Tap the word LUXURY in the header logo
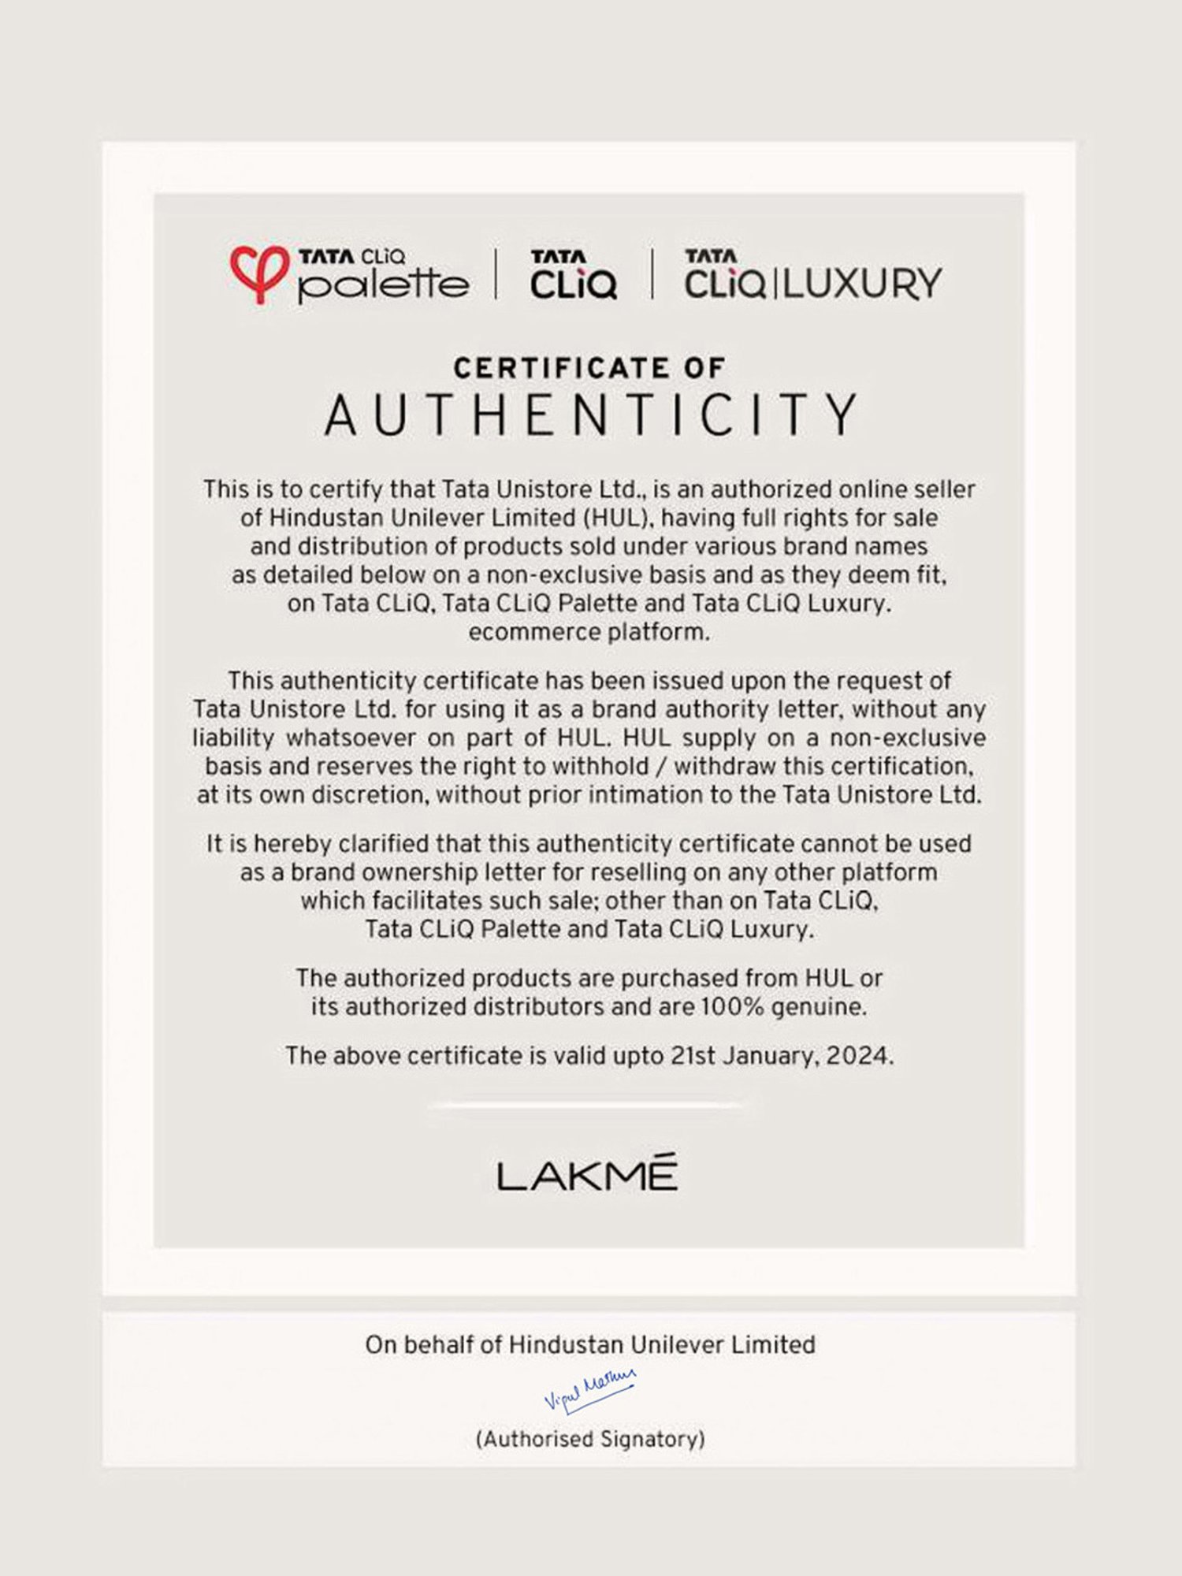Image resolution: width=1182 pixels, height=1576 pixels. point(862,284)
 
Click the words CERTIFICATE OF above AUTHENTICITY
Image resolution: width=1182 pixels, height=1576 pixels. point(589,368)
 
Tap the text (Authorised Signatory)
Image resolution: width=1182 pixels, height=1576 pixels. point(590,1439)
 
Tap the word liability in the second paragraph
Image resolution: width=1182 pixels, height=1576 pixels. point(233,738)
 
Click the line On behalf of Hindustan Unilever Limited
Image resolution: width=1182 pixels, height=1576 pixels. point(590,1344)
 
